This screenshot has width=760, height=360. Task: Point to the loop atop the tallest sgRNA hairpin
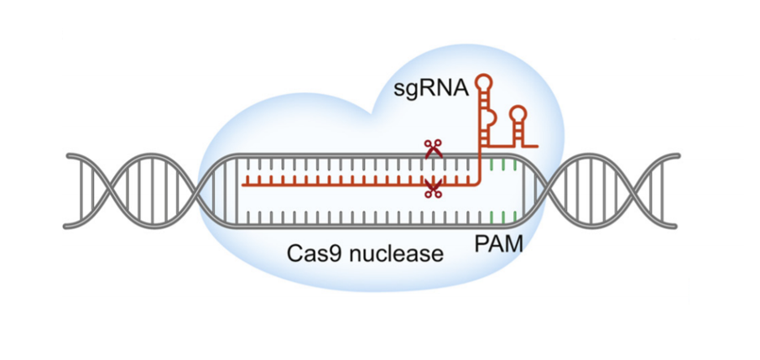click(x=485, y=81)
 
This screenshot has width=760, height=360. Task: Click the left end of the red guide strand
click(x=243, y=181)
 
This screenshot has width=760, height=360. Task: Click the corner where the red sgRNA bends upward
click(x=480, y=181)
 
